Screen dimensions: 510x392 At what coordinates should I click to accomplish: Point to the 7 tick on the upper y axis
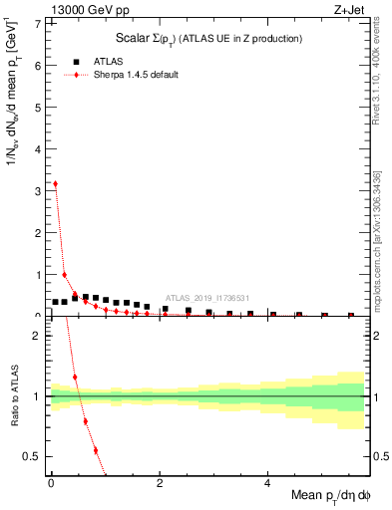(x=40, y=23)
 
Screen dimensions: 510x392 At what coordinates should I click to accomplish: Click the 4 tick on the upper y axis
(x=40, y=148)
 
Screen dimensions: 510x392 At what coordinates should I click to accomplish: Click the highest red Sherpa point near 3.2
(x=54, y=183)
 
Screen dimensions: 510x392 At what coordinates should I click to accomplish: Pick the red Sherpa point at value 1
(x=65, y=275)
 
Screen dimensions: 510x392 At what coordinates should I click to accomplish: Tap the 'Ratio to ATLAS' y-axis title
(x=13, y=395)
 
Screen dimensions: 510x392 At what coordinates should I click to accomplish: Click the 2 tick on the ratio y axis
(x=40, y=336)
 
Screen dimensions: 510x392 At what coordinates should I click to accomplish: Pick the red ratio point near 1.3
(x=75, y=378)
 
